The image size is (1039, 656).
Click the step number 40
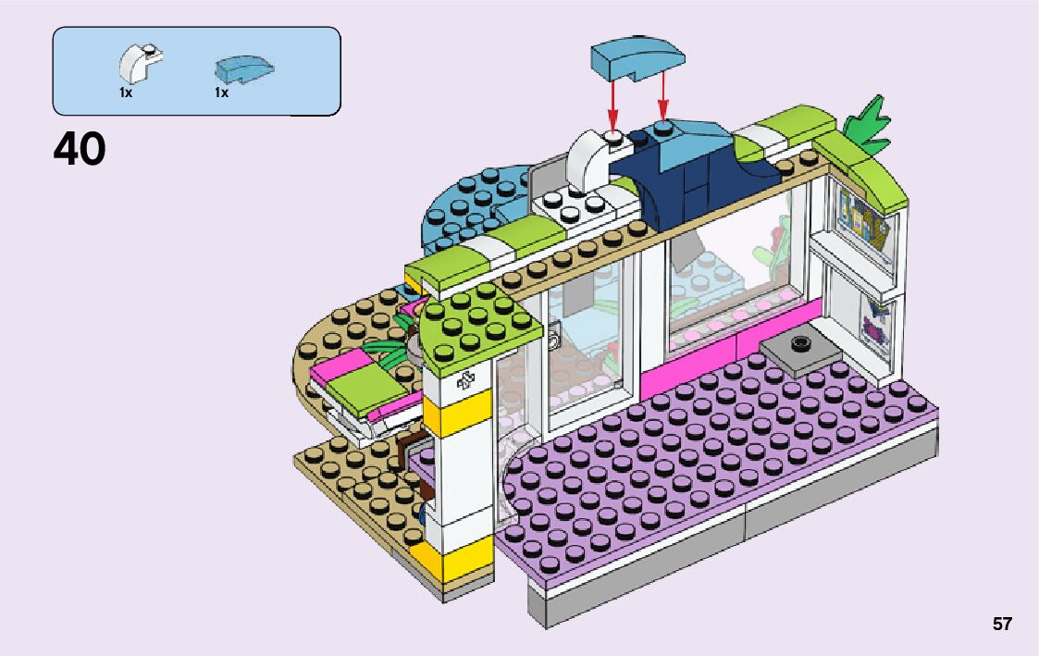pyautogui.click(x=80, y=149)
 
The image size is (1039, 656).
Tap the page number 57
pyautogui.click(x=1002, y=625)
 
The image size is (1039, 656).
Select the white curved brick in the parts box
pyautogui.click(x=139, y=62)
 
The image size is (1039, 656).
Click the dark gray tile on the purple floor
pyautogui.click(x=801, y=351)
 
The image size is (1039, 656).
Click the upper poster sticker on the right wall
pyautogui.click(x=866, y=221)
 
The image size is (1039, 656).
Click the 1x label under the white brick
pyautogui.click(x=125, y=93)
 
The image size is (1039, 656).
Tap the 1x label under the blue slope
pyautogui.click(x=221, y=93)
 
